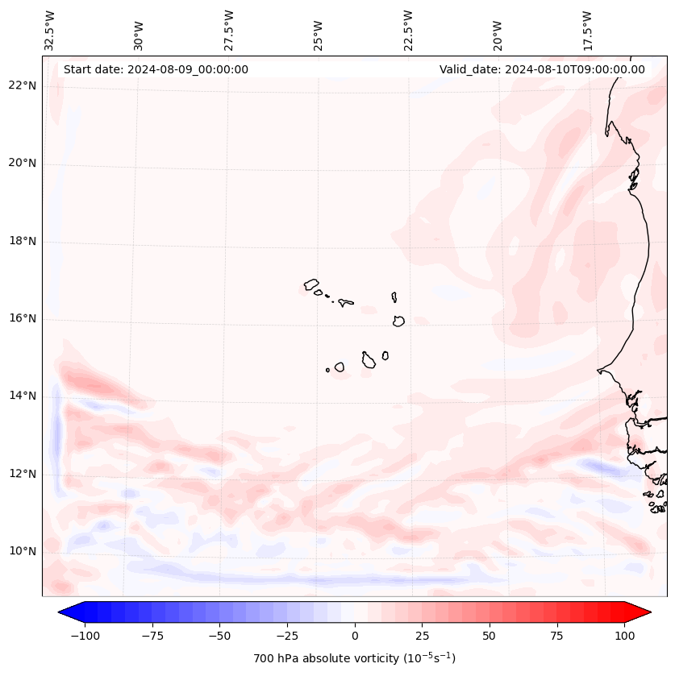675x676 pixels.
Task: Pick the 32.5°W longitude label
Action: (x=50, y=31)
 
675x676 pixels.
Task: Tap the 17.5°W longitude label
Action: (x=588, y=31)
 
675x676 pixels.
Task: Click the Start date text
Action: (x=156, y=69)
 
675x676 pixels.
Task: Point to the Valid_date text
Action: (x=542, y=69)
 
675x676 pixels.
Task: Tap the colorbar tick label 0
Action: (x=355, y=636)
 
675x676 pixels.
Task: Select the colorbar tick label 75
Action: (x=556, y=636)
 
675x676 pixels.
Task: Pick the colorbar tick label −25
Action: (x=287, y=636)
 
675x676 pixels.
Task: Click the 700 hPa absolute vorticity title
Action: (x=355, y=658)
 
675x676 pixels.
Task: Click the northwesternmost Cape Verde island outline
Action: (x=311, y=284)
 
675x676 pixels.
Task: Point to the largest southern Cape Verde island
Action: (x=369, y=359)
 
